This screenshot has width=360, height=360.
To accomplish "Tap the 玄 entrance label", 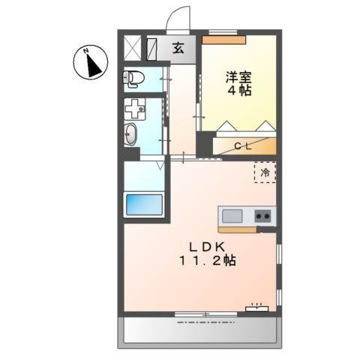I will click(x=178, y=49).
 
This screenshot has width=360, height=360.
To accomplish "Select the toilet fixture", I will click(x=134, y=78).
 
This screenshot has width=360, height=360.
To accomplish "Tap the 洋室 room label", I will click(x=238, y=76).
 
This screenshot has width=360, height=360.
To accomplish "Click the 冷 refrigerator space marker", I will click(x=265, y=172).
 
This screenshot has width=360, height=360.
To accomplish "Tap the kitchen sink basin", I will click(x=232, y=217).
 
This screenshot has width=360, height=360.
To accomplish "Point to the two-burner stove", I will click(x=263, y=217).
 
